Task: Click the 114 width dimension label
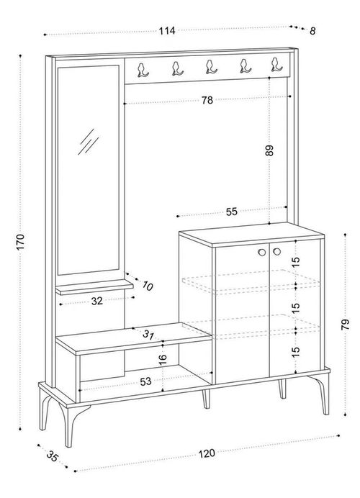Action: tap(167, 31)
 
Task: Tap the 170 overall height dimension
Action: tap(20, 242)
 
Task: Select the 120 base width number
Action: tap(207, 453)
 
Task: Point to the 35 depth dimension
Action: tap(53, 456)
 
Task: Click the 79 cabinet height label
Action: tap(345, 325)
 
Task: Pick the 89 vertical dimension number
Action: tap(269, 150)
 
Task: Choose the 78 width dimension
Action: tap(207, 100)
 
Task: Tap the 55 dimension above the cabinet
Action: tap(232, 212)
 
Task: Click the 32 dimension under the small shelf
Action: tap(97, 301)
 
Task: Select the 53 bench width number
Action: tap(145, 381)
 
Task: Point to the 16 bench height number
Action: tap(163, 358)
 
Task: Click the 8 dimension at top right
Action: tap(312, 31)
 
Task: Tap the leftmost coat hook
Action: tap(143, 70)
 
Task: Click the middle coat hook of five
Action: tap(211, 67)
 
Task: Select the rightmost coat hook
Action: tap(276, 65)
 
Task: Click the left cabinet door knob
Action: tap(262, 252)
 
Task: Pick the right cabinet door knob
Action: tap(277, 252)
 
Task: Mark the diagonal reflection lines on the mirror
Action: tap(89, 142)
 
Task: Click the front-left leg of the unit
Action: tap(69, 425)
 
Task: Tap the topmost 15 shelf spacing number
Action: tap(295, 261)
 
